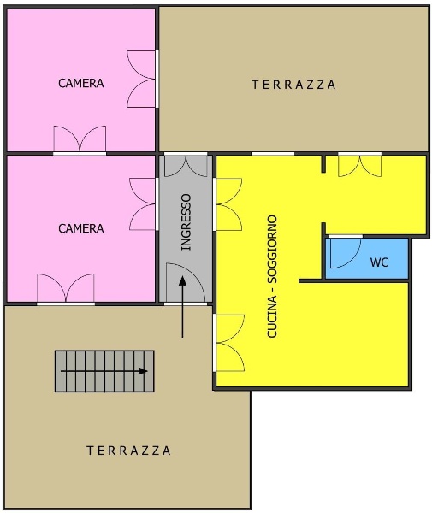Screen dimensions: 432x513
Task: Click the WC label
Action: [x=379, y=262]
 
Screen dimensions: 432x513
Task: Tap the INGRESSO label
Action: [x=186, y=222]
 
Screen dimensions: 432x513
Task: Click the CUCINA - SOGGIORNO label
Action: [x=272, y=276]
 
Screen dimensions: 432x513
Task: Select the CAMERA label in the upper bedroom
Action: [x=81, y=83]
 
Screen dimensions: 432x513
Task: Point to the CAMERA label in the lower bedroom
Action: [x=81, y=228]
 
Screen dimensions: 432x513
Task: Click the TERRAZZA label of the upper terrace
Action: [x=293, y=85]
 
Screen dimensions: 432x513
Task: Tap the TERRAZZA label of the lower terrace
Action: [x=128, y=451]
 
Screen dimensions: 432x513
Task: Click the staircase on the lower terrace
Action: [x=104, y=371]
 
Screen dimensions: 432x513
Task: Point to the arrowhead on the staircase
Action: [x=144, y=371]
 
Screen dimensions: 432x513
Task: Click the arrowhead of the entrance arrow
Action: [x=182, y=280]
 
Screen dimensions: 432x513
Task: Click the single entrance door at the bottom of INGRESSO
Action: [x=186, y=283]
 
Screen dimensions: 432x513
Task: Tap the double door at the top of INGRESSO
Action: [x=186, y=166]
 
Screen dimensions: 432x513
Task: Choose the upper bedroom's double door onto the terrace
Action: [x=141, y=79]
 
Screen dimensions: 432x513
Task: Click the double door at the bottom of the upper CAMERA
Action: [x=80, y=139]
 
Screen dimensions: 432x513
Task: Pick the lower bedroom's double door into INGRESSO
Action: [x=143, y=203]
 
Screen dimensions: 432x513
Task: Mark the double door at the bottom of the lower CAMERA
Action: [x=66, y=287]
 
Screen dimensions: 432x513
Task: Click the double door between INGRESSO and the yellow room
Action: [x=228, y=204]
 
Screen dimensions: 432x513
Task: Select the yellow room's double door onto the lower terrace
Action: [x=229, y=343]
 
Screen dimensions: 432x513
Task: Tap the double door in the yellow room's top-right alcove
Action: [x=359, y=166]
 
